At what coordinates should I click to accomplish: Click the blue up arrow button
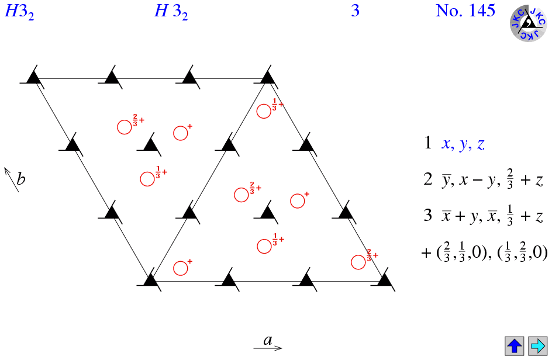(515, 345)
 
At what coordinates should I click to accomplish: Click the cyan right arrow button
(537, 345)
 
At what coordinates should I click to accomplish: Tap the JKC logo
(529, 23)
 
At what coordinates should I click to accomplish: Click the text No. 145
(465, 11)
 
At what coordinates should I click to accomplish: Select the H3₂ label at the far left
(19, 12)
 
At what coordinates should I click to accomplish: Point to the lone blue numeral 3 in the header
(355, 11)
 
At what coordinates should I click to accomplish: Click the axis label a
(268, 340)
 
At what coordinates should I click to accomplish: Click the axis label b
(21, 178)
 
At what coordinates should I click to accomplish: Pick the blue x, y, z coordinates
(463, 144)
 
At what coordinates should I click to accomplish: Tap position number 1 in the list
(428, 144)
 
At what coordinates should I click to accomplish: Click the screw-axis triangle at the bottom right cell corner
(384, 280)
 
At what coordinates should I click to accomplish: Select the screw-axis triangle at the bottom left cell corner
(151, 280)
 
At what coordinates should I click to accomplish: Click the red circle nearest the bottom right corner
(359, 262)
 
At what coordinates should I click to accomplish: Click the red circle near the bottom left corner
(181, 268)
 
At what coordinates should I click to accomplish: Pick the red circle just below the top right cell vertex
(264, 111)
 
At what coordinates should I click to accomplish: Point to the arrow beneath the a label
(268, 348)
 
